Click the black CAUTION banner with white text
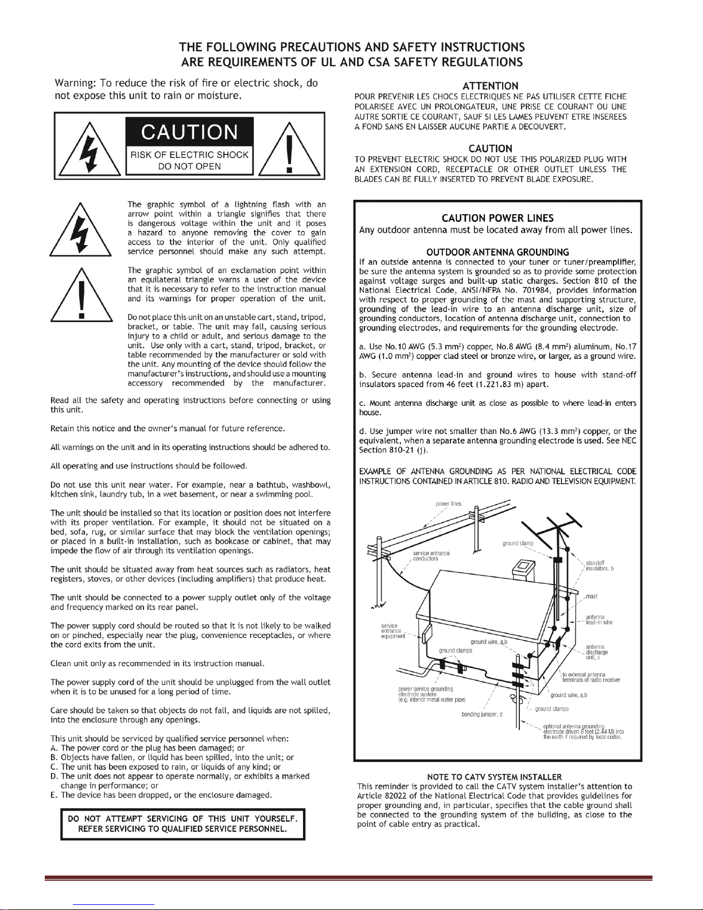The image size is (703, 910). point(189,132)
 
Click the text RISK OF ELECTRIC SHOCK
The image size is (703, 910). point(189,155)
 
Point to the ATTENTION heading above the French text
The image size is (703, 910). point(491,86)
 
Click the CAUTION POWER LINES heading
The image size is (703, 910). point(498,218)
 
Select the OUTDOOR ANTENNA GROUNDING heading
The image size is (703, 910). point(498,252)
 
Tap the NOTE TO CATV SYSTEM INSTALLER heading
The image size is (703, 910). point(494,777)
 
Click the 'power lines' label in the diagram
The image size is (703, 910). point(449,504)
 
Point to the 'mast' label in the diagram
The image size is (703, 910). point(592,596)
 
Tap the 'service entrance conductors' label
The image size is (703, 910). point(431,556)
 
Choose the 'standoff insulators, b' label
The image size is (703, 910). point(600,566)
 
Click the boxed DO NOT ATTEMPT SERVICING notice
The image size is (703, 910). point(183,824)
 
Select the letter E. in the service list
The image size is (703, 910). point(54,795)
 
